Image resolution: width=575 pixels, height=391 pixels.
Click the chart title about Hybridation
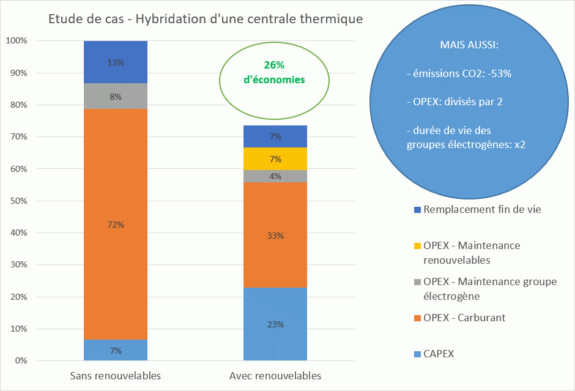click(x=206, y=19)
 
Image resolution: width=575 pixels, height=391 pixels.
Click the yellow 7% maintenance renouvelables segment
click(x=275, y=159)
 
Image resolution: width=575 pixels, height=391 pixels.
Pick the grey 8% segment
click(x=116, y=96)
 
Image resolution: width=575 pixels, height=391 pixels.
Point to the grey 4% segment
click(x=275, y=176)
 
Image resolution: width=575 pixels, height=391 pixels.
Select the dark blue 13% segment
click(x=116, y=62)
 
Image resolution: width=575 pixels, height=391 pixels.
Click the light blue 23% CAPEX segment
click(x=275, y=324)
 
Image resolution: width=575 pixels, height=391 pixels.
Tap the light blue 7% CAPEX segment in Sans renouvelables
click(x=116, y=351)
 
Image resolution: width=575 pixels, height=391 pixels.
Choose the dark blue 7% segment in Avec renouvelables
click(x=275, y=136)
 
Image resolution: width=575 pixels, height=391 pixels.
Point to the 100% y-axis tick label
click(x=16, y=41)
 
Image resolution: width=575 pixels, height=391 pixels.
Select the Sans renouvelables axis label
click(x=116, y=375)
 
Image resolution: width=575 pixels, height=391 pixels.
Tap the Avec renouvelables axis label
click(x=275, y=375)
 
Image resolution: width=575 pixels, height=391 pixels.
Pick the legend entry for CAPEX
click(x=438, y=354)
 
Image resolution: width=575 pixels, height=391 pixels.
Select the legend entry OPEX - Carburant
click(x=464, y=318)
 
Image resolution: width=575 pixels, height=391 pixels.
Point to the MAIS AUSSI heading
click(x=469, y=45)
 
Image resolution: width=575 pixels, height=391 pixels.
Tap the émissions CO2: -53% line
click(x=459, y=73)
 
